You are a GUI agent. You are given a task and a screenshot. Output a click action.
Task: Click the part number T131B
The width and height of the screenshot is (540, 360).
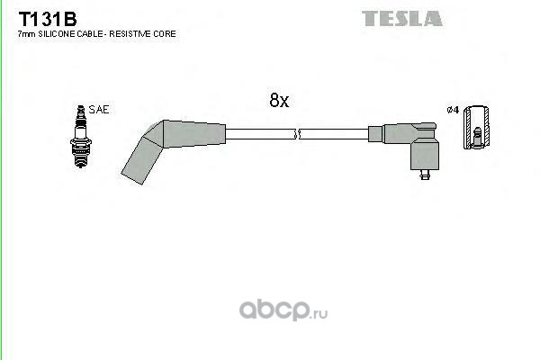point(48,19)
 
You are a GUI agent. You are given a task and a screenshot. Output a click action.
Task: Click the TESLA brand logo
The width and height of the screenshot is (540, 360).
point(402,19)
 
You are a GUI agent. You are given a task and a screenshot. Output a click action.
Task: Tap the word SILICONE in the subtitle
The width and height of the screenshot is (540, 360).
point(56,34)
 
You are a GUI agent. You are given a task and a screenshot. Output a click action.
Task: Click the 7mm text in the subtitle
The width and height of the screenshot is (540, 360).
point(26,34)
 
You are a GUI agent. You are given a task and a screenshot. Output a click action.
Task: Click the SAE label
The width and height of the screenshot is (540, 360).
point(99,110)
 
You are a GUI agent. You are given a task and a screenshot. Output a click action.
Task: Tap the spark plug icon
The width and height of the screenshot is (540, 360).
point(81,137)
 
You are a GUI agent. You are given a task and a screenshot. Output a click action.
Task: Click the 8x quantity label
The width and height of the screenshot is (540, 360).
point(279,100)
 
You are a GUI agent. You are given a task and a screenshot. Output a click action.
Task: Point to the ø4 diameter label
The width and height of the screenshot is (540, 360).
point(453,110)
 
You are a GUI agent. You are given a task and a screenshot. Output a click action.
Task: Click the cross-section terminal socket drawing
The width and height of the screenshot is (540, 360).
point(476,128)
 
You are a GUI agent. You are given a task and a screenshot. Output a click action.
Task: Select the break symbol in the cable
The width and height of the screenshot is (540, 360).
point(297,134)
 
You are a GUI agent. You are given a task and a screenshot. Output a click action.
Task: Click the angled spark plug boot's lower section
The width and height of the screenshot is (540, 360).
point(141,160)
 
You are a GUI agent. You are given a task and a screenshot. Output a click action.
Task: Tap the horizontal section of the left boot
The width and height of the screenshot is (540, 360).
point(194,134)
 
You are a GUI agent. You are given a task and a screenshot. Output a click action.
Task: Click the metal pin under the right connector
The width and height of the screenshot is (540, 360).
point(425,175)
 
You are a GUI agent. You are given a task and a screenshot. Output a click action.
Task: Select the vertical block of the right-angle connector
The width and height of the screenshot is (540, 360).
point(425,154)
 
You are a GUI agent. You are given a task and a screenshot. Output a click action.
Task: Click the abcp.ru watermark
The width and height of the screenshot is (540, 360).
point(283,310)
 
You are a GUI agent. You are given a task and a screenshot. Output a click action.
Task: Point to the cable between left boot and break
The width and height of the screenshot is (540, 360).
point(260,134)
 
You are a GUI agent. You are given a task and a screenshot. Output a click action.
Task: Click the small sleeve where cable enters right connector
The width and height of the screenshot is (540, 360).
point(375,134)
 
